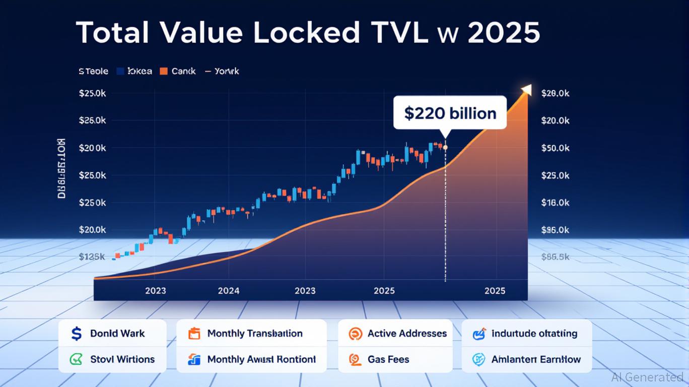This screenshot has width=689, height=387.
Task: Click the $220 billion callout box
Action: [x=450, y=113]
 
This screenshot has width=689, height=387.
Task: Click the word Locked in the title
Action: [x=307, y=33]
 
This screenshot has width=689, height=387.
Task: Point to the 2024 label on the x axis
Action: [x=229, y=291]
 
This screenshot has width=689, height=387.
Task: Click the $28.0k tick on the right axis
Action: [x=555, y=93]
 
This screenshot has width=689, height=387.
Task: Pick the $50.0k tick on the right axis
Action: [x=555, y=148]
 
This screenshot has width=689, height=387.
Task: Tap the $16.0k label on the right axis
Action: [x=555, y=203]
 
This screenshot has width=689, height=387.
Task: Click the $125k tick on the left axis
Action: [x=92, y=256]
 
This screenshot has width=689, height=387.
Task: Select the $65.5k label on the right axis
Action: [x=555, y=257]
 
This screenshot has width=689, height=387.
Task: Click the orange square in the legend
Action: [x=163, y=72]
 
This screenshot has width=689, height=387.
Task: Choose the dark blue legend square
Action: [x=120, y=72]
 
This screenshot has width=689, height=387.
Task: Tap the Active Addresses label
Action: [x=407, y=334]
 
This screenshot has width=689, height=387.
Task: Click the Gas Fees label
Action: [x=388, y=360]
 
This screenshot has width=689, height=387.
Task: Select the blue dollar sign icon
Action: [x=77, y=334]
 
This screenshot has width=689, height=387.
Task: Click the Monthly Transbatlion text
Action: [x=255, y=334]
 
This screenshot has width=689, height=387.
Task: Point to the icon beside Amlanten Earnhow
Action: [x=478, y=359]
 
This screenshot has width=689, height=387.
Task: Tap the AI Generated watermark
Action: [x=647, y=377]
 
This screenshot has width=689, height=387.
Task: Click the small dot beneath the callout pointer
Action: [x=445, y=147]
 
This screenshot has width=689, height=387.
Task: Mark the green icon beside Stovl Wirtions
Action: [x=77, y=359]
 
